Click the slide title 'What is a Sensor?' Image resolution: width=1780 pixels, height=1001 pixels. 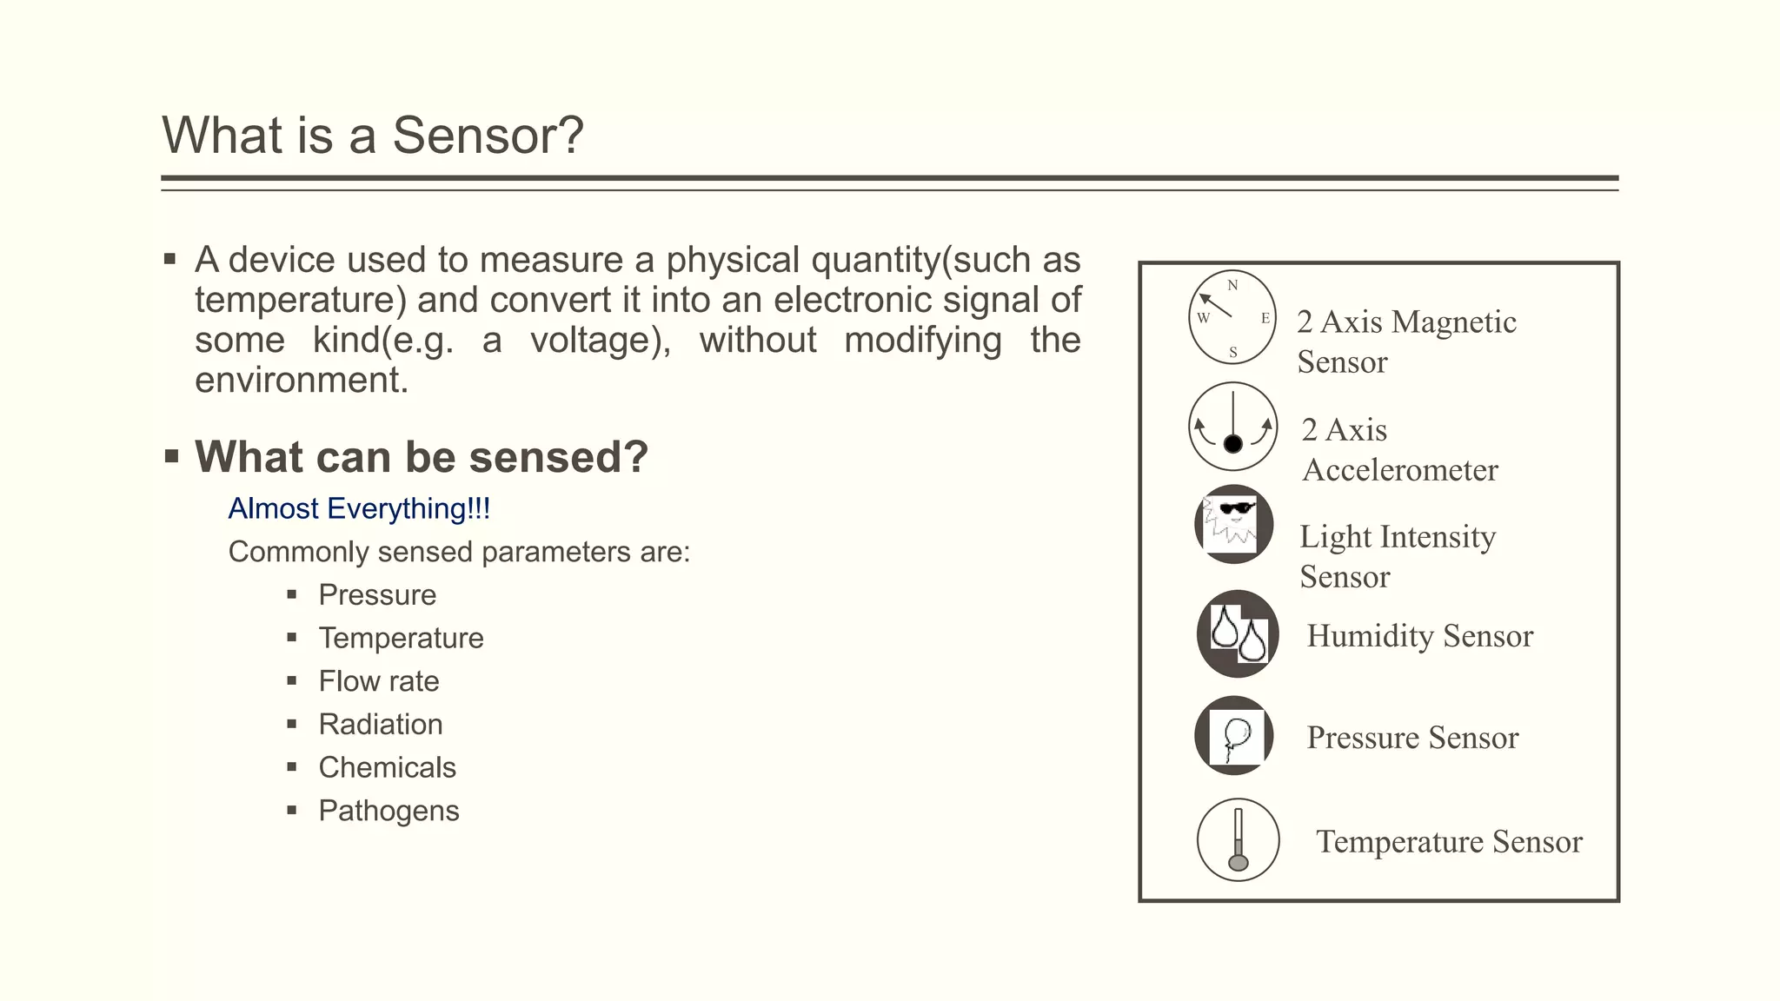[372, 136]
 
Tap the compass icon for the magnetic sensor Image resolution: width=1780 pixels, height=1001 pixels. [1232, 317]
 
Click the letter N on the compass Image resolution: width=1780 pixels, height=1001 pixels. [1232, 286]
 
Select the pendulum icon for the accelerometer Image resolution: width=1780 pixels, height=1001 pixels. [1232, 427]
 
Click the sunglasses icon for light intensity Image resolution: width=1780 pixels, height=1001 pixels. [1233, 524]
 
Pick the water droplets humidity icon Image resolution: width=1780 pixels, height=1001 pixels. [1238, 633]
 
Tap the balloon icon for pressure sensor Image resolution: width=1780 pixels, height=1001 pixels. [1234, 736]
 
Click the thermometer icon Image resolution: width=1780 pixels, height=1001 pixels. [1238, 839]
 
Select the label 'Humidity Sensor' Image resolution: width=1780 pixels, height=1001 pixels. [1419, 636]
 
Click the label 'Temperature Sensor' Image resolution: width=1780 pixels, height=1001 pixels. [1449, 842]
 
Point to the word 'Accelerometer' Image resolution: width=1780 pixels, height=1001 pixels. [1399, 470]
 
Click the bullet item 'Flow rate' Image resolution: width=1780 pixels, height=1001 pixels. [378, 681]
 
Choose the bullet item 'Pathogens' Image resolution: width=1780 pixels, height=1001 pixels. [389, 811]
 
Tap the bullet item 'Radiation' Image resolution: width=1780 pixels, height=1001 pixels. [380, 725]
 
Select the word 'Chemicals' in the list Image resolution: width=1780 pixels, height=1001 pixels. [387, 767]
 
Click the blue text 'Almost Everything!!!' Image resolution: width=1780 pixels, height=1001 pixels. [359, 508]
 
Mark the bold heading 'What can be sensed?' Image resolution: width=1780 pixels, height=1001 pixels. [422, 457]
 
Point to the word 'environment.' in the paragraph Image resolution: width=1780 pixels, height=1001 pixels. [302, 381]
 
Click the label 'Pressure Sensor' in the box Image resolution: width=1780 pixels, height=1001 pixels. [1412, 738]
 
